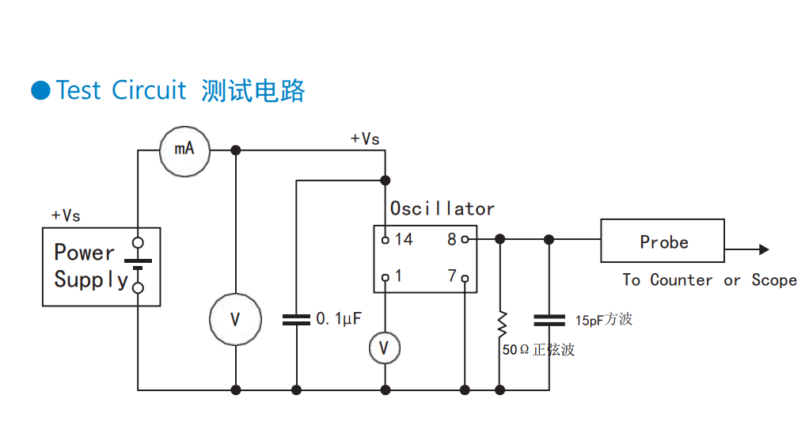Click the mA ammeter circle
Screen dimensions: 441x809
point(185,150)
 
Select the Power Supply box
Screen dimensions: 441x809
point(101,267)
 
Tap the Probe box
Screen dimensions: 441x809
point(663,241)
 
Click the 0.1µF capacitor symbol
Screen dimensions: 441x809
point(296,320)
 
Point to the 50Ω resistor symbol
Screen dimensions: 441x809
point(500,322)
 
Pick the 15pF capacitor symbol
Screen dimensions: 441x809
point(549,320)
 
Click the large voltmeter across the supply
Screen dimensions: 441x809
point(235,320)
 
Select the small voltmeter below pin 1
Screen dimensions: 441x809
point(385,348)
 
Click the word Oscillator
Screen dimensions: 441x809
point(442,209)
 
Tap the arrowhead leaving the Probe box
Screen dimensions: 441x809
point(763,249)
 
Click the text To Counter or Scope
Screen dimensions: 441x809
point(708,280)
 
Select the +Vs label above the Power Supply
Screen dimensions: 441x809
point(66,215)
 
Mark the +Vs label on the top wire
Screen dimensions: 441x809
point(365,139)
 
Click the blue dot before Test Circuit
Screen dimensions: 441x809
point(40,90)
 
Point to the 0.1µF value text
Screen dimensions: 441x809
point(339,320)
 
